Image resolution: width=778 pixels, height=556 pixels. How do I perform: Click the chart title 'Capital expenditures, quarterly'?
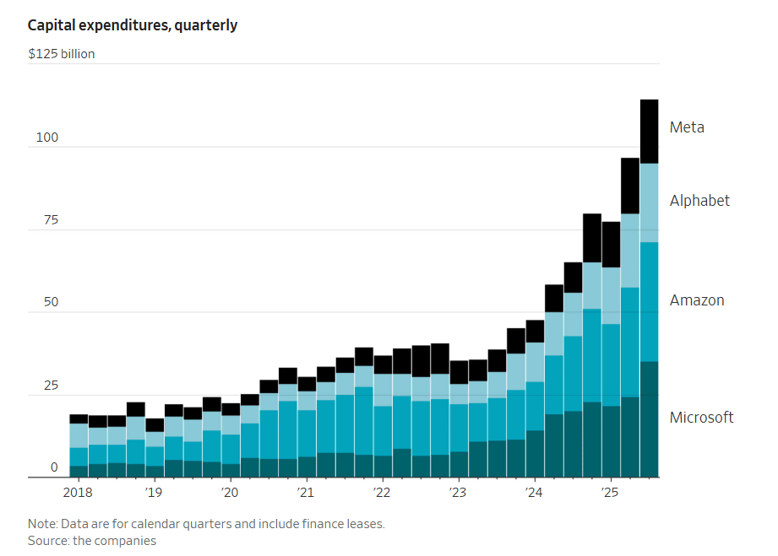pyautogui.click(x=133, y=25)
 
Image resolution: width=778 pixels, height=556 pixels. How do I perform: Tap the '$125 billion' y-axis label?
pyautogui.click(x=62, y=54)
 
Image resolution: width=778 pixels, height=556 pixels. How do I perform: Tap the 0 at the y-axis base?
pyautogui.click(x=54, y=467)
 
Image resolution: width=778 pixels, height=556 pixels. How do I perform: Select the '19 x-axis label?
pyautogui.click(x=153, y=492)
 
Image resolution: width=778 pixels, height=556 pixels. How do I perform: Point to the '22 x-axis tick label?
pyautogui.click(x=381, y=492)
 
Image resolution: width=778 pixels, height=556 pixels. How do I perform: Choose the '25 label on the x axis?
pyautogui.click(x=609, y=492)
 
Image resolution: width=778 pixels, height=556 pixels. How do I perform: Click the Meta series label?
pyautogui.click(x=687, y=127)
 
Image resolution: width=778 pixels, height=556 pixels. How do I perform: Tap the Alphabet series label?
pyautogui.click(x=699, y=201)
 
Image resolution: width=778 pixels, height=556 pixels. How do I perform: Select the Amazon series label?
pyautogui.click(x=697, y=300)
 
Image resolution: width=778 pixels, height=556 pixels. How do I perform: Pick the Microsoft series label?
pyautogui.click(x=701, y=418)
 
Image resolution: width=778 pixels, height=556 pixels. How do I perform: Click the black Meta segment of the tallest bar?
pyautogui.click(x=649, y=132)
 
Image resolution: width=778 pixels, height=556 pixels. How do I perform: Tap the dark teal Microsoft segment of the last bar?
pyautogui.click(x=649, y=419)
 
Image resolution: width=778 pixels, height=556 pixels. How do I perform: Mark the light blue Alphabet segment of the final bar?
pyautogui.click(x=649, y=202)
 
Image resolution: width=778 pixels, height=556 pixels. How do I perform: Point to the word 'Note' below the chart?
pyautogui.click(x=43, y=524)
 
